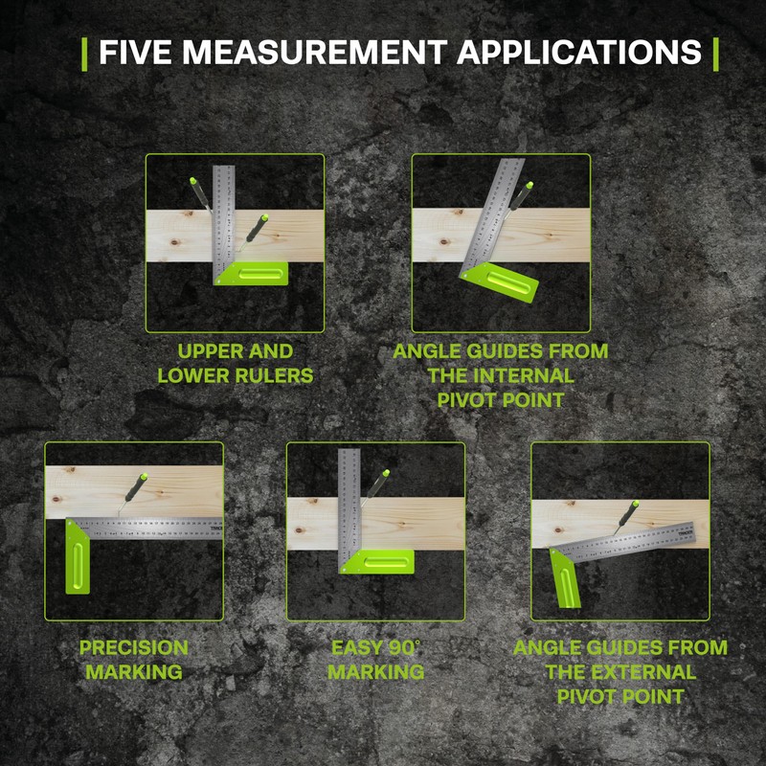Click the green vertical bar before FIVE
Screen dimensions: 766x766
pyautogui.click(x=86, y=53)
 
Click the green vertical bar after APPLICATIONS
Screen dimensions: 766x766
pyautogui.click(x=715, y=53)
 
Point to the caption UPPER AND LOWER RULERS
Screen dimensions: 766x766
pyautogui.click(x=235, y=363)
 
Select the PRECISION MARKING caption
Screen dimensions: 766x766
pyautogui.click(x=134, y=660)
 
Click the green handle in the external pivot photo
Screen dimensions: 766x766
pyautogui.click(x=568, y=579)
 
